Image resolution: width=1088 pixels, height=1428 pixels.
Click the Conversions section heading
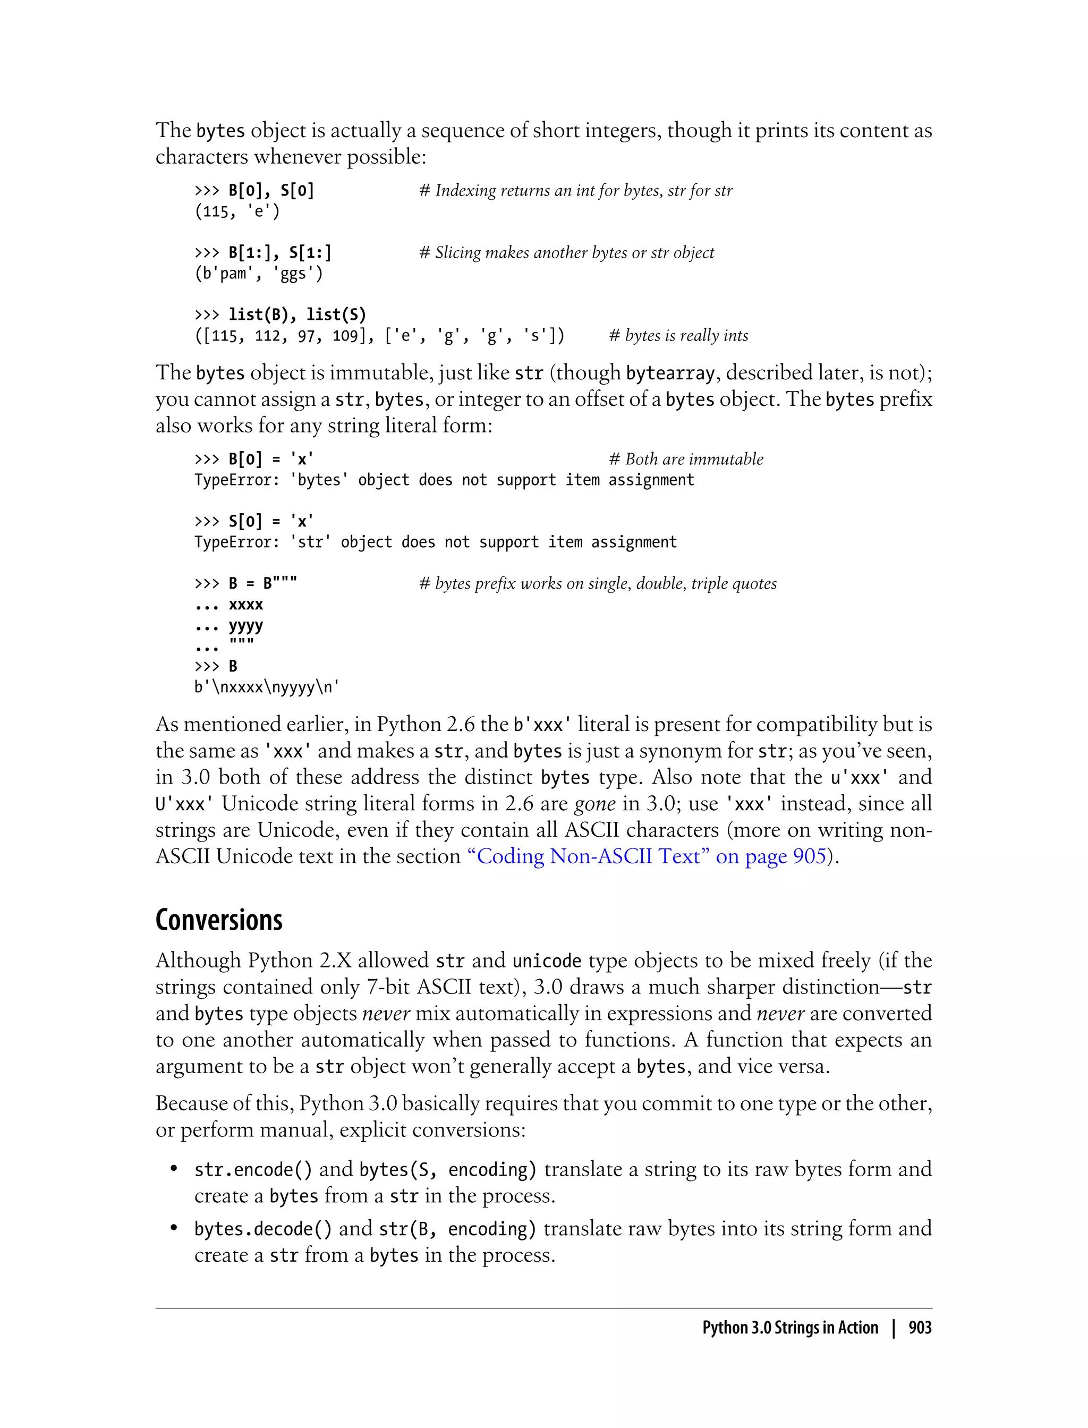[x=219, y=920]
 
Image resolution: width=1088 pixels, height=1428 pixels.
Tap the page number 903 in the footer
[x=920, y=1328]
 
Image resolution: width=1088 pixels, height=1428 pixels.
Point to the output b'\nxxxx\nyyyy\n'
[x=267, y=687]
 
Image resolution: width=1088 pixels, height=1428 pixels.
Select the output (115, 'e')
[x=237, y=212]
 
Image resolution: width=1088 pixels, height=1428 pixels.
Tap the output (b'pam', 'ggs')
[x=258, y=274]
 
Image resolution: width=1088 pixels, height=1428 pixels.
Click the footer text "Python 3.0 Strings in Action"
[x=789, y=1328]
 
